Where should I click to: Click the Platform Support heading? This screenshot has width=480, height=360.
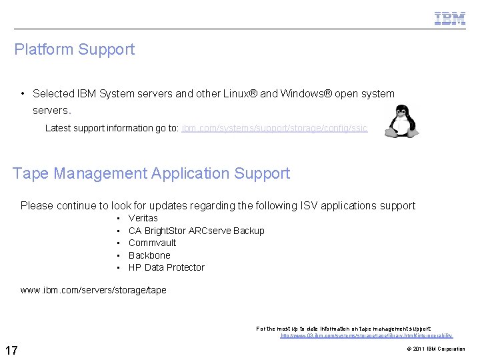click(74, 49)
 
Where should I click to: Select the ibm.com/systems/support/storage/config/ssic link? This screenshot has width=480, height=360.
click(274, 128)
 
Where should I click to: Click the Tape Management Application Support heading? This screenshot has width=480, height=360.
click(151, 173)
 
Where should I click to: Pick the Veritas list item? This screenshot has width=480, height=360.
click(143, 218)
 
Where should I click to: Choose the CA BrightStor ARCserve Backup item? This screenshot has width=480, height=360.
click(196, 231)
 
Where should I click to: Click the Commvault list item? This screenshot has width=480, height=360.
click(152, 243)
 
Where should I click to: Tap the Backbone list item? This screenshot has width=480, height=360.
click(149, 255)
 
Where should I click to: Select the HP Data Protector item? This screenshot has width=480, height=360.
click(166, 267)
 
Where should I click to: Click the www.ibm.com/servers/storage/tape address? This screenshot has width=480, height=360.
click(93, 290)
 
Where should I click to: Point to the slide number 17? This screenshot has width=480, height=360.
click(11, 350)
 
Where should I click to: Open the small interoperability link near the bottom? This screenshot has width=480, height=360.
click(366, 336)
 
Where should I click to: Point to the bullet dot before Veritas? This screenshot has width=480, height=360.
click(117, 219)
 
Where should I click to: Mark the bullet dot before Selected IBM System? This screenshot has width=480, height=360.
click(23, 94)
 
